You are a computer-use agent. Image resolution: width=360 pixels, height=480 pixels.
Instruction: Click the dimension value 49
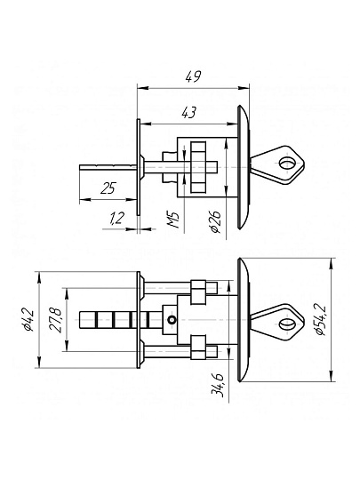click(x=194, y=76)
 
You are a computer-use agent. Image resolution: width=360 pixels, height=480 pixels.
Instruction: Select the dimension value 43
click(x=188, y=113)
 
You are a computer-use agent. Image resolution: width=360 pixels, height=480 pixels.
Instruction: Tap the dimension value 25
click(x=108, y=188)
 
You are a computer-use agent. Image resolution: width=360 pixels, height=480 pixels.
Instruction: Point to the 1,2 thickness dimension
click(x=116, y=218)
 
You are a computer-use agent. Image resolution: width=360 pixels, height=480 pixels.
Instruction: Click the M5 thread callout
click(x=173, y=220)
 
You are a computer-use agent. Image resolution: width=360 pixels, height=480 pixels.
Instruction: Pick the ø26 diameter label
click(x=215, y=221)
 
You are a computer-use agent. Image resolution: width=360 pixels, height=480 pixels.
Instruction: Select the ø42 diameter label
click(x=28, y=320)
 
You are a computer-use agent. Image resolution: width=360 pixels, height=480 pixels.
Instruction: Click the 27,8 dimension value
click(x=56, y=320)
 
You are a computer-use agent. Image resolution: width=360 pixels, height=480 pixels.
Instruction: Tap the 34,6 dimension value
click(x=218, y=386)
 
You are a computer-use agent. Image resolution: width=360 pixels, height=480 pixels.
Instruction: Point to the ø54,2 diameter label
click(x=322, y=320)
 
